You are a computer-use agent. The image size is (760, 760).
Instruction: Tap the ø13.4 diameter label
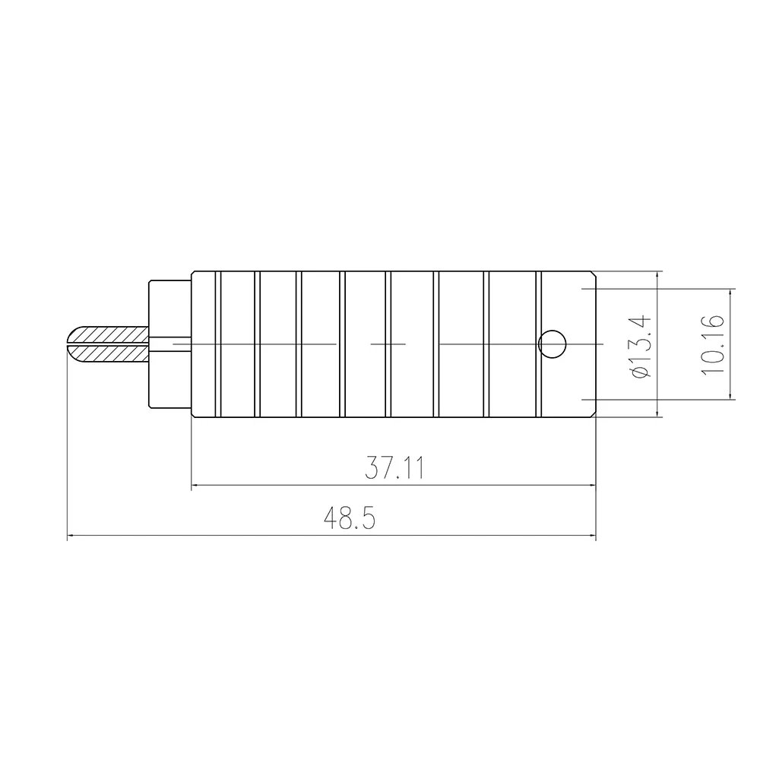(641, 345)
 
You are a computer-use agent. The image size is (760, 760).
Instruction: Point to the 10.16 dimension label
(713, 344)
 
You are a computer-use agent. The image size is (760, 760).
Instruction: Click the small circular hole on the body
(553, 344)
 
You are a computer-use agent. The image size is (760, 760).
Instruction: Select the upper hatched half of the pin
(109, 334)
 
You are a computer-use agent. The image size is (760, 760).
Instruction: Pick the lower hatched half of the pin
(109, 353)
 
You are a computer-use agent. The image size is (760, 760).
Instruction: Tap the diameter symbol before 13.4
(641, 372)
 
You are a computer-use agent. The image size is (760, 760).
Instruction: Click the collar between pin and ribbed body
(169, 344)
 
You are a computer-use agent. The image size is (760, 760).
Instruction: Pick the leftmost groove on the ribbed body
(217, 344)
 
